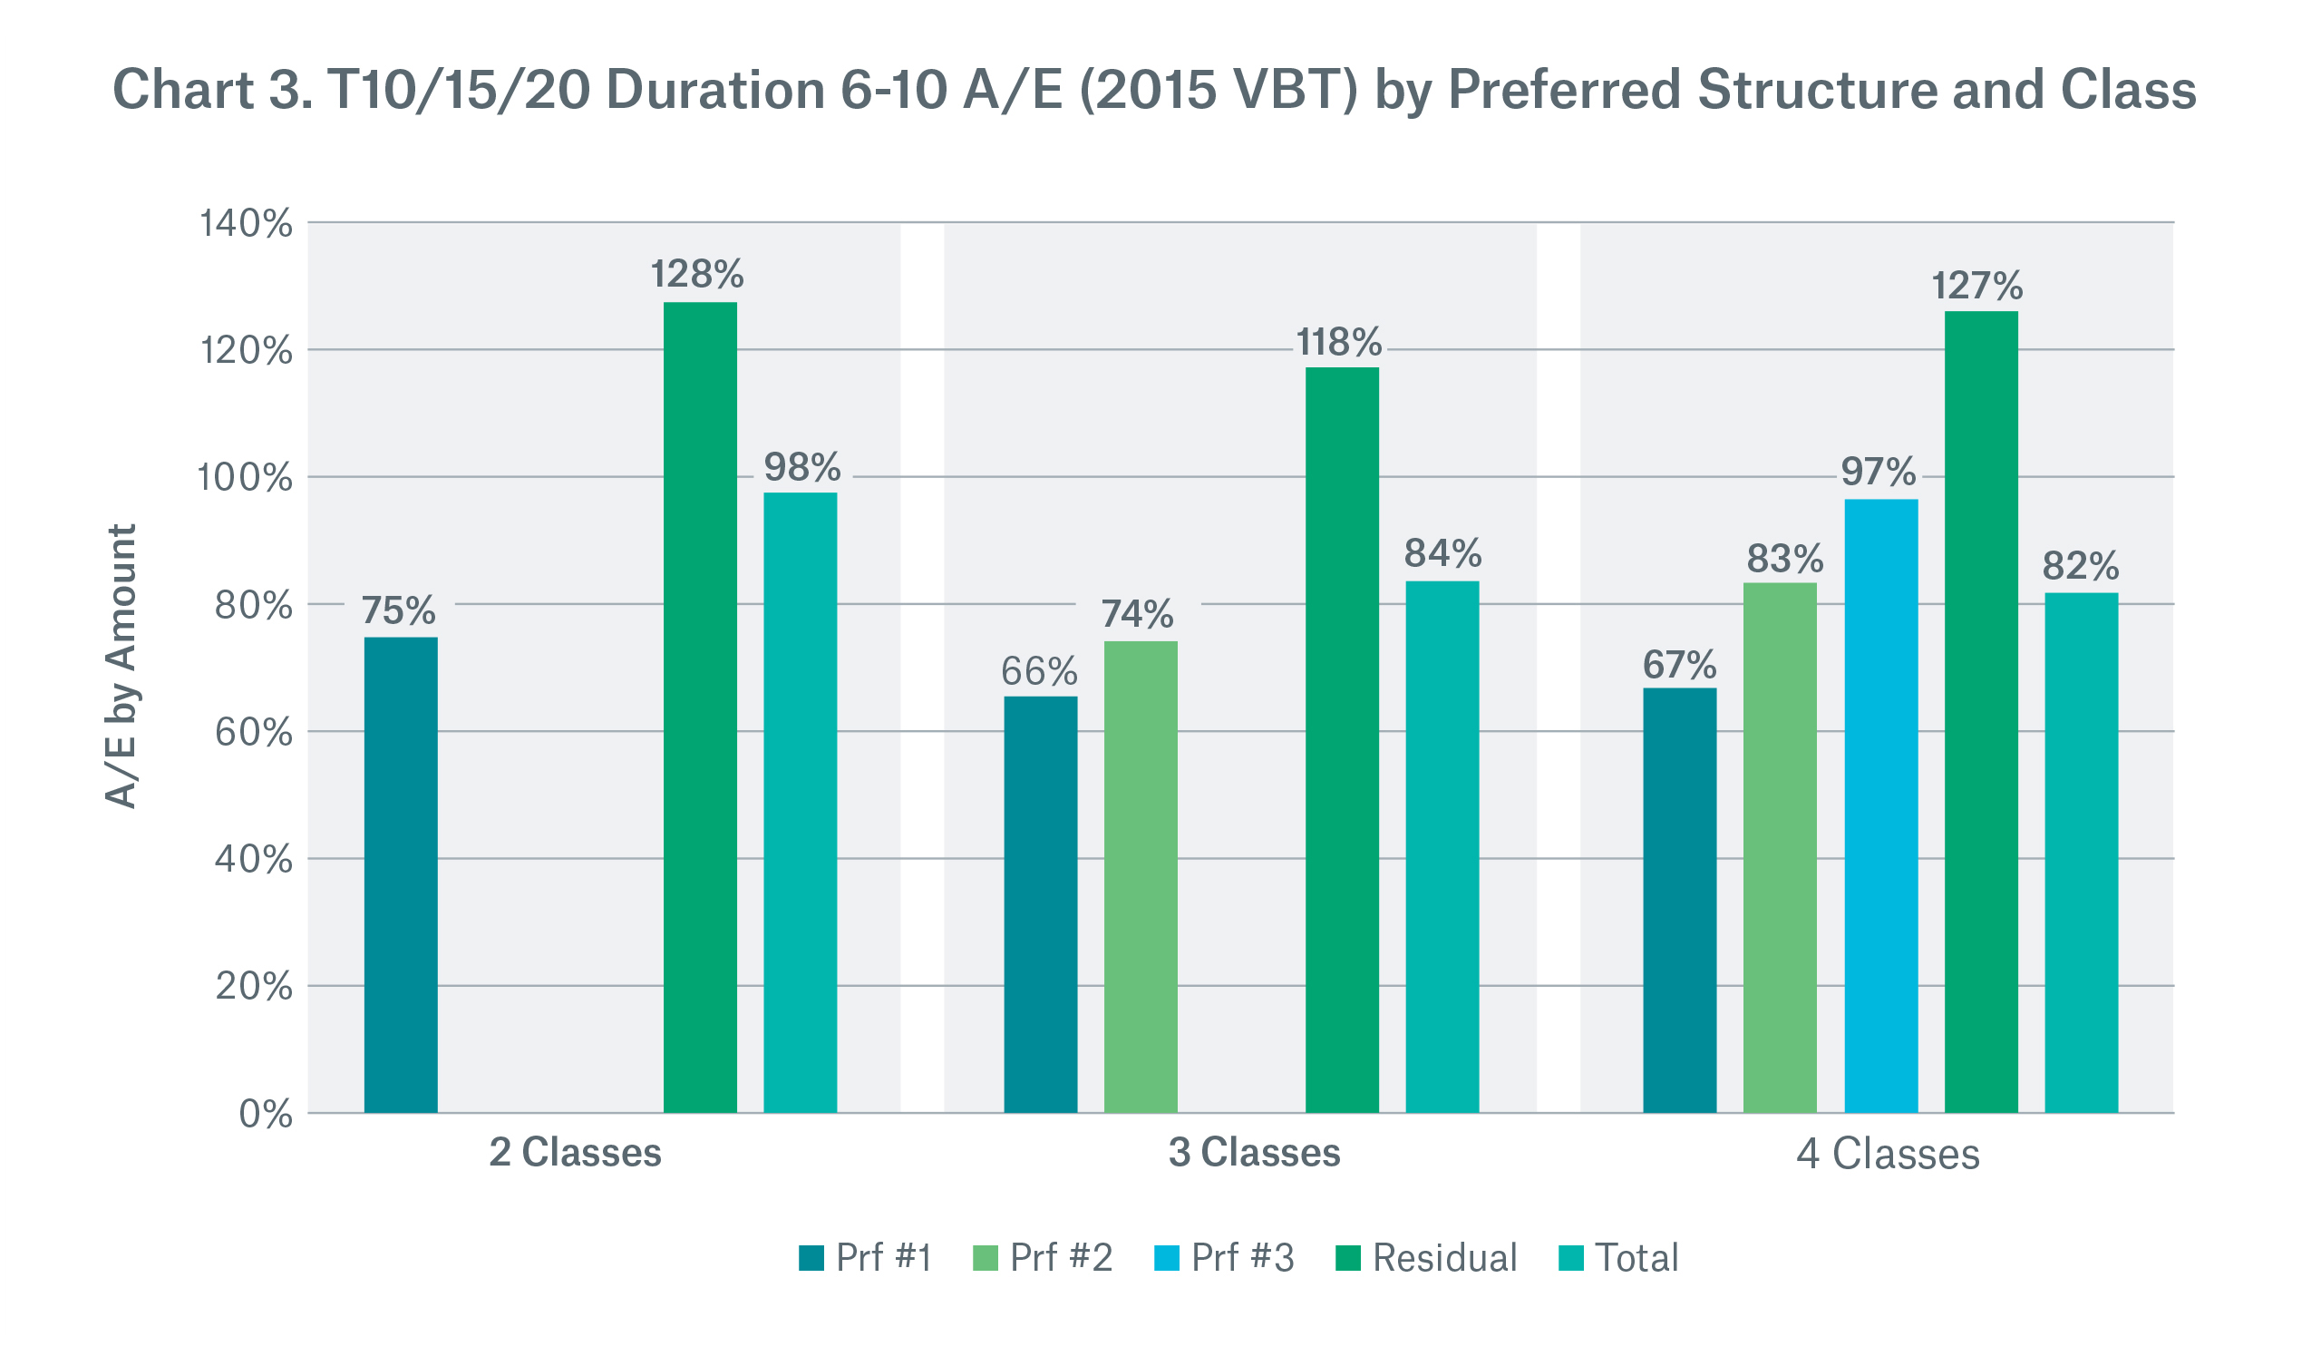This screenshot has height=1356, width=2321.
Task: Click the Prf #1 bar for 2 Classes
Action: click(x=401, y=875)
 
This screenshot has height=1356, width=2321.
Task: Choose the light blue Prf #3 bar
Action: click(x=1880, y=806)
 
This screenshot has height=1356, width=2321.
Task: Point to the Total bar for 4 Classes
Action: click(x=2082, y=853)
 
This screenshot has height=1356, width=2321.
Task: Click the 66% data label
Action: click(x=1039, y=672)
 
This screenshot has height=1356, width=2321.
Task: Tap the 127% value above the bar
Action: click(x=1976, y=287)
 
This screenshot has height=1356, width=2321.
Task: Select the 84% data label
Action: click(x=1442, y=553)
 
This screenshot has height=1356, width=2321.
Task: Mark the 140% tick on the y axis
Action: click(x=247, y=224)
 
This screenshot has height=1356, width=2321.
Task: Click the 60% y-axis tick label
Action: click(x=253, y=733)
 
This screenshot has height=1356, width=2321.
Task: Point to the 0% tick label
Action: click(x=266, y=1115)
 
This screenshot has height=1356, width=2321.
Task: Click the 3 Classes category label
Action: click(x=1255, y=1154)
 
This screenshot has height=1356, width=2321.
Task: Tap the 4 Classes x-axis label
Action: click(x=1888, y=1155)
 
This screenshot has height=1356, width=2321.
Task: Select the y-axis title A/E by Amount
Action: click(x=121, y=667)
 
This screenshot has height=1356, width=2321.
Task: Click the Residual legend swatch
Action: click(x=1348, y=1258)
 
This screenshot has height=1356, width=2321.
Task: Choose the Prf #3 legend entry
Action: click(x=1224, y=1258)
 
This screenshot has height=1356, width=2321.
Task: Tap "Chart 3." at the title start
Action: click(x=212, y=91)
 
